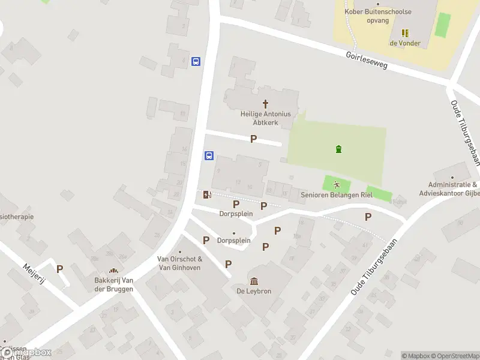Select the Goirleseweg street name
pyautogui.click(x=367, y=62)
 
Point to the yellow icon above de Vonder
pyautogui.click(x=405, y=32)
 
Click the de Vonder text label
pyautogui.click(x=405, y=43)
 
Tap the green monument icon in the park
pyautogui.click(x=338, y=149)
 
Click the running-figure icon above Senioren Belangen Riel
pyautogui.click(x=337, y=184)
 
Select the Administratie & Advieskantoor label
pyautogui.click(x=452, y=190)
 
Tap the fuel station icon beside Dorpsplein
pyautogui.click(x=206, y=194)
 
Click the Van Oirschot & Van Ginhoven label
pyautogui.click(x=179, y=263)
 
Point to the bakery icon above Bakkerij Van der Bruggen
pyautogui.click(x=113, y=271)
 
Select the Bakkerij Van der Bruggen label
pyautogui.click(x=114, y=284)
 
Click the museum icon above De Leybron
pyautogui.click(x=254, y=281)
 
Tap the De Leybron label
pyautogui.click(x=254, y=292)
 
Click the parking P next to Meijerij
pyautogui.click(x=59, y=269)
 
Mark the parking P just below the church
pyautogui.click(x=253, y=139)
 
